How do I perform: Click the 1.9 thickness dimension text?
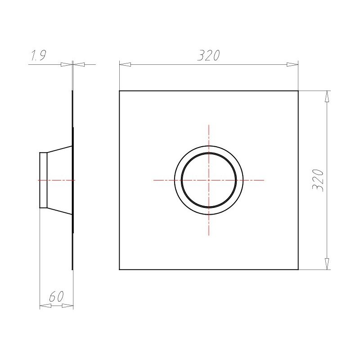tap(39, 55)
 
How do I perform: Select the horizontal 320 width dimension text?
tap(208, 55)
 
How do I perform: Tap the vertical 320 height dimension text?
tap(318, 180)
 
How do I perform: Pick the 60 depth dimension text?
tap(56, 297)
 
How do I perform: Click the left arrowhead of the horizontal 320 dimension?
tap(125, 64)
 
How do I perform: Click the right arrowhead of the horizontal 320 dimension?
tap(292, 64)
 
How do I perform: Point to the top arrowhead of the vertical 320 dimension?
tap(327, 96)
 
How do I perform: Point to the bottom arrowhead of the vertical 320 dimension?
tap(327, 264)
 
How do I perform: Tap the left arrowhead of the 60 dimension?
tap(45, 306)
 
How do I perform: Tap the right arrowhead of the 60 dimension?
tap(68, 306)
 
